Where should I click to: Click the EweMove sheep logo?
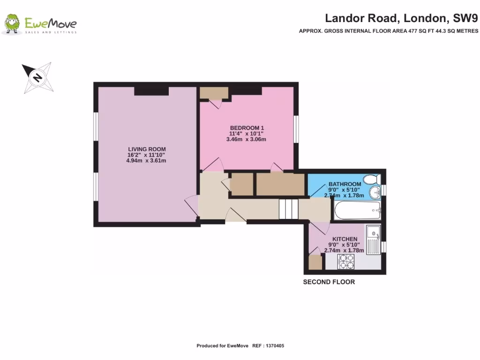pyautogui.click(x=13, y=24)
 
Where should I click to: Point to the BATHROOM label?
pyautogui.click(x=345, y=184)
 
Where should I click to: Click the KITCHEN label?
pyautogui.click(x=345, y=239)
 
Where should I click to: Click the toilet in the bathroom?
pyautogui.click(x=374, y=179)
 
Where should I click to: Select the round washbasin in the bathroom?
pyautogui.click(x=374, y=192)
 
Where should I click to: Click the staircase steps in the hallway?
pyautogui.click(x=288, y=209)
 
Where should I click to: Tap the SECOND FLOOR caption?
pyautogui.click(x=329, y=282)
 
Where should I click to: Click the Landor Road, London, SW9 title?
pyautogui.click(x=401, y=18)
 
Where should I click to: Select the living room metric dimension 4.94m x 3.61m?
pyautogui.click(x=146, y=161)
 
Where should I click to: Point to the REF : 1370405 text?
pyautogui.click(x=268, y=346)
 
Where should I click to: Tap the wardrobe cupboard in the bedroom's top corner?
pyautogui.click(x=214, y=93)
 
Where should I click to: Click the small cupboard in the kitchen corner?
pyautogui.click(x=315, y=262)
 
